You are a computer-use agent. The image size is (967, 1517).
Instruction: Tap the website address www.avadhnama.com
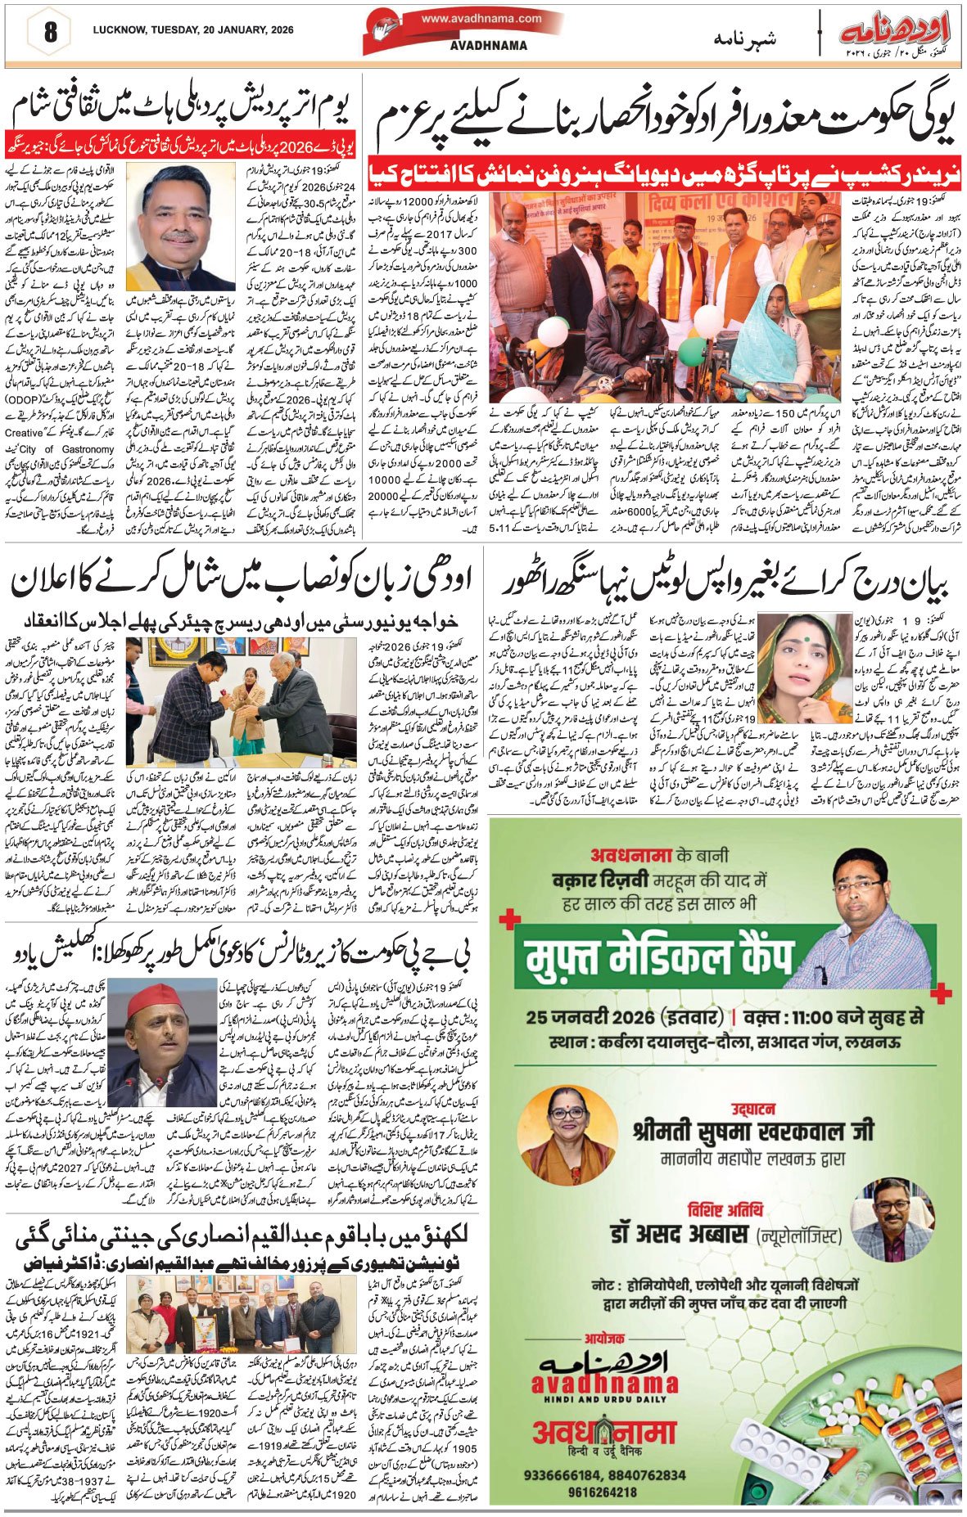click(482, 18)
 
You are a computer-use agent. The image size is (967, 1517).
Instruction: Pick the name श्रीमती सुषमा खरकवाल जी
click(752, 1132)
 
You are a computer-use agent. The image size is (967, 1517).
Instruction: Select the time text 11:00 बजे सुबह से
click(851, 1018)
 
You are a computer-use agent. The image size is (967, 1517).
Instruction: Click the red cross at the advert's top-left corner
click(509, 920)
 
